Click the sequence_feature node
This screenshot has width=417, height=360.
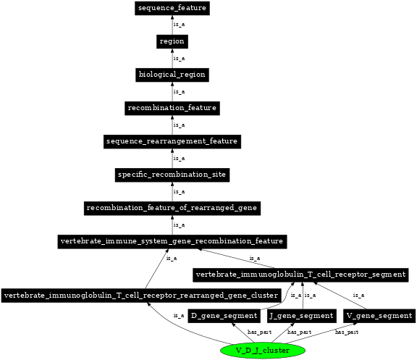pos(172,8)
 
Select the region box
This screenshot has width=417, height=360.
pos(172,41)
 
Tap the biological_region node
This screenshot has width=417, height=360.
pos(172,75)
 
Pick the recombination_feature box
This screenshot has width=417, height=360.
pos(172,108)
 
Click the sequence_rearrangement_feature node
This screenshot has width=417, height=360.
pos(172,141)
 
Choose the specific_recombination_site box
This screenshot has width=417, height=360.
pos(172,175)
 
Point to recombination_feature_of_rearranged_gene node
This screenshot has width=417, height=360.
pos(172,208)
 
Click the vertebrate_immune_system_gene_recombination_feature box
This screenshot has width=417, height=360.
pos(172,240)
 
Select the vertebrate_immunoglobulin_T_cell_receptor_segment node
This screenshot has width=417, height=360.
pos(300,275)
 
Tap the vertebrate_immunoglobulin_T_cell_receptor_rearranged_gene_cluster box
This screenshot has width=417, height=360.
pos(141,296)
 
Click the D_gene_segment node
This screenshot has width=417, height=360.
pos(224,315)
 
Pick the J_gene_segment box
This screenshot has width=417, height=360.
pos(301,315)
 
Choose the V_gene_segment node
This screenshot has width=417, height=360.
pos(379,315)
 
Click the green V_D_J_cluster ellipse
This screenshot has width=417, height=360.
pos(263,351)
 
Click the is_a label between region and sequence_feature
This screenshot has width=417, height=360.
pos(179,25)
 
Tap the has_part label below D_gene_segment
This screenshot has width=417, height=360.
pos(259,332)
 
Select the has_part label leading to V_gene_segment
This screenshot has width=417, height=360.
pos(346,332)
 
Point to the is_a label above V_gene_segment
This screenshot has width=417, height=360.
pos(358,296)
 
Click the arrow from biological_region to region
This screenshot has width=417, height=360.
pos(172,58)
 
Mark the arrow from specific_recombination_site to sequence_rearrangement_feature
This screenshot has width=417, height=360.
pos(172,158)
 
